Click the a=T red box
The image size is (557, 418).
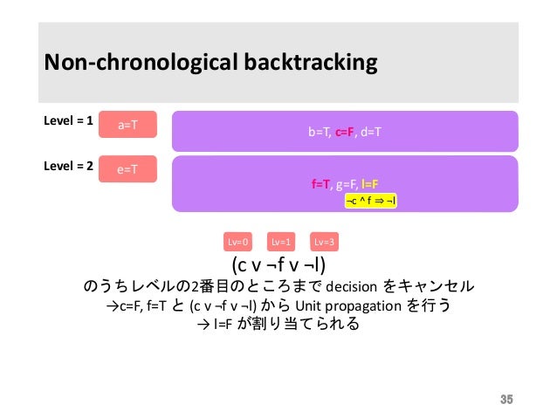point(127,125)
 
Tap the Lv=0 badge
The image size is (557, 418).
point(238,242)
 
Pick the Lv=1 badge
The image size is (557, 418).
point(281,242)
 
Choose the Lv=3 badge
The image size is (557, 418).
point(325,242)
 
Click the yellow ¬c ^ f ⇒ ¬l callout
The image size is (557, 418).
point(377,200)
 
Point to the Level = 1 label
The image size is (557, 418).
point(68,120)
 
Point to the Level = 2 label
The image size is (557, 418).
point(68,164)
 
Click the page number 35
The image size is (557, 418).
point(505,400)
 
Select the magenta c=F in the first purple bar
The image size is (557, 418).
point(344,132)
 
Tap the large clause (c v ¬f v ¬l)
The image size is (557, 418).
point(285,264)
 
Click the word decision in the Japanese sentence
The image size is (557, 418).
point(349,286)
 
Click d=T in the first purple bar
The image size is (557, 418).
point(371,132)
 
